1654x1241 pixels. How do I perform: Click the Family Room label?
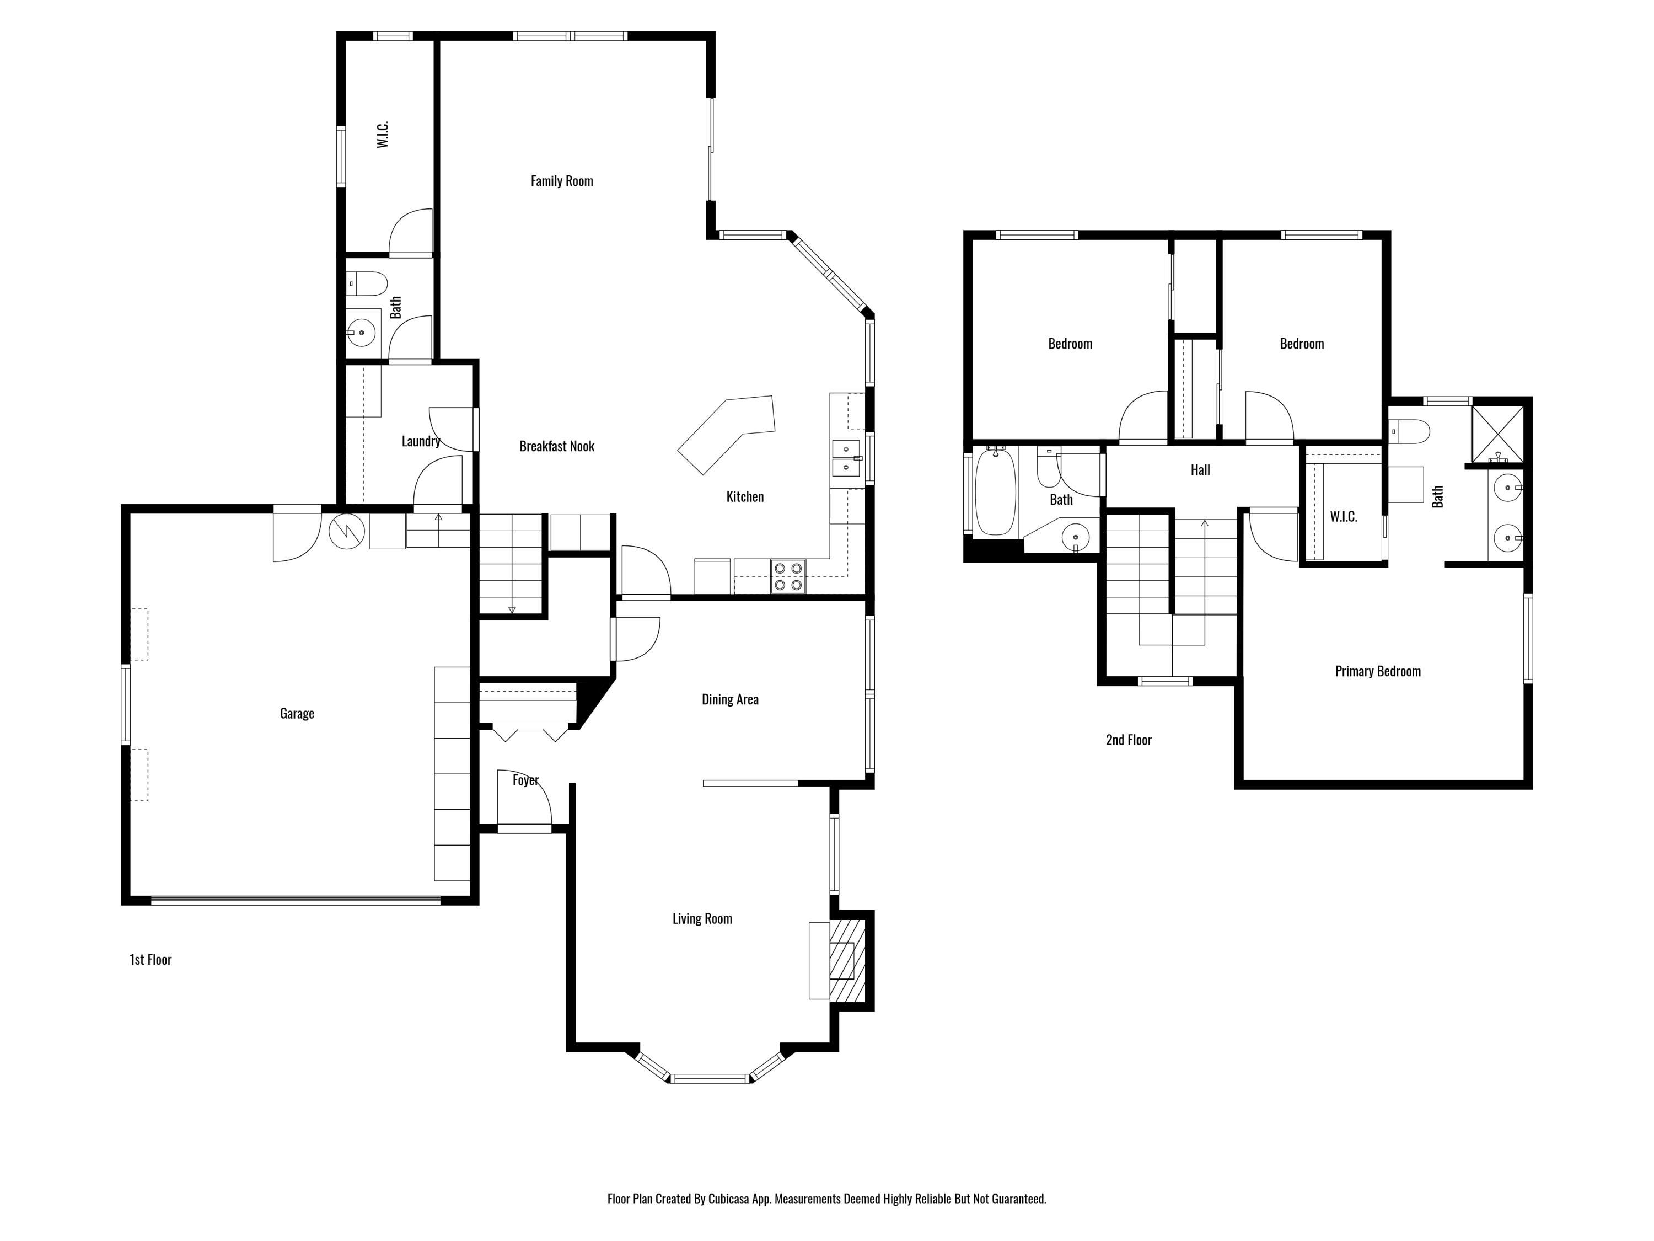point(562,181)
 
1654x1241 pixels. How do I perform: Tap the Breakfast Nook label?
point(556,447)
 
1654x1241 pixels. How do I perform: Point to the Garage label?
point(297,714)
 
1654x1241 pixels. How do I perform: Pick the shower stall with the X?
point(1498,435)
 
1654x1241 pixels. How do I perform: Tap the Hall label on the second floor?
point(1200,470)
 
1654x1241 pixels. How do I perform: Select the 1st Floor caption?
point(151,960)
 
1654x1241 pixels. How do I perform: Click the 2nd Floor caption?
point(1129,740)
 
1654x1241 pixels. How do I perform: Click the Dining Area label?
point(730,699)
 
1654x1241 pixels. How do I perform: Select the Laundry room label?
point(420,441)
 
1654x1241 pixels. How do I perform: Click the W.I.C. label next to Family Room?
point(383,135)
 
